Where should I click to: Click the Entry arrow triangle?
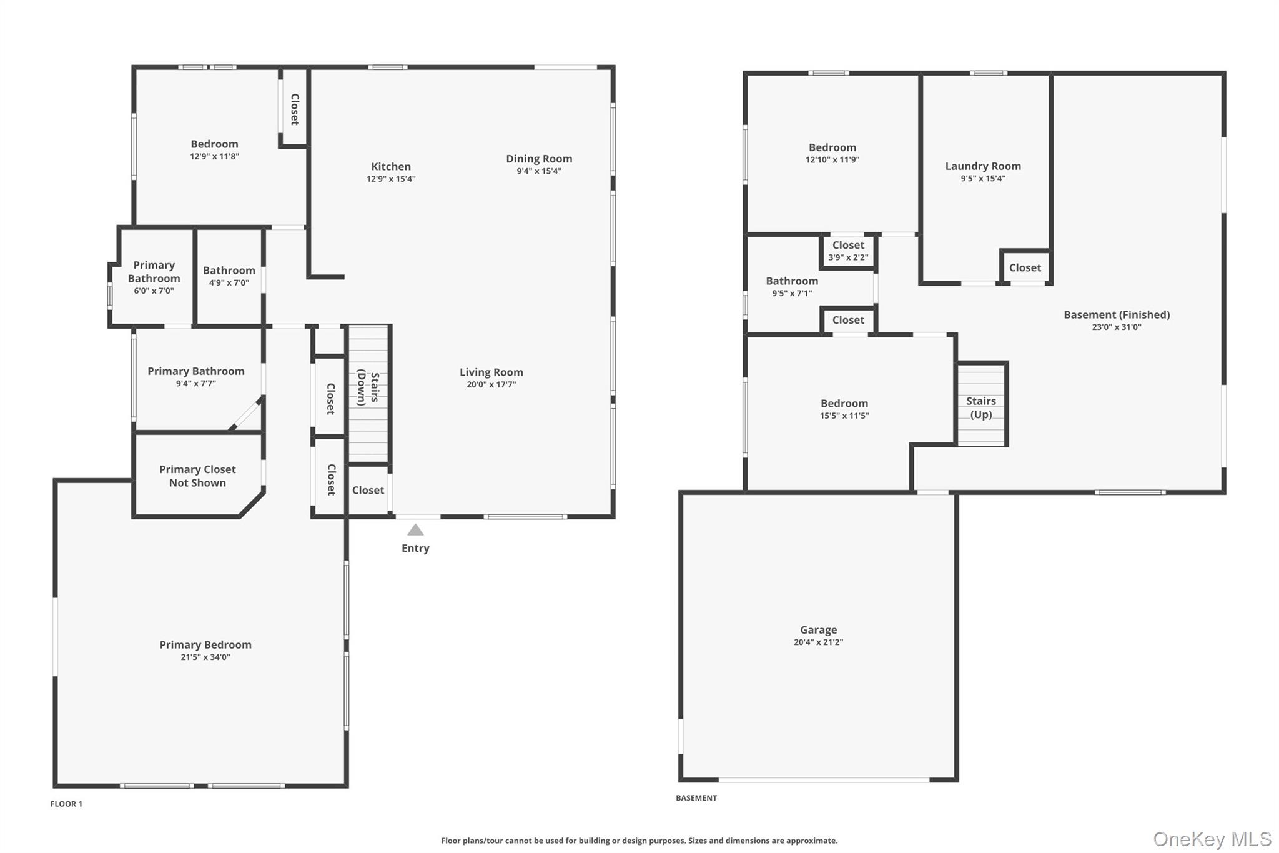click(x=415, y=530)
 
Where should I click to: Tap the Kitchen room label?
click(x=391, y=166)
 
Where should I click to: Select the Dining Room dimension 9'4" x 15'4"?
click(x=539, y=171)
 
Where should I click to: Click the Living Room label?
click(x=491, y=372)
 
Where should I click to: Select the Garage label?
click(x=818, y=630)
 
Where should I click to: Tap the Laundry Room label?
click(x=983, y=166)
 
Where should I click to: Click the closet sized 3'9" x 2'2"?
click(x=848, y=251)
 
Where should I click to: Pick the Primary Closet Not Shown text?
click(x=197, y=476)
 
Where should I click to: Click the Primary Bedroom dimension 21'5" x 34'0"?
click(x=205, y=657)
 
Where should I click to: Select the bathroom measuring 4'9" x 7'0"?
click(x=229, y=276)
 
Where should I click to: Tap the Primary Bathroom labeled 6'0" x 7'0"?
click(x=154, y=277)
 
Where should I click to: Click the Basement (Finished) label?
click(x=1117, y=314)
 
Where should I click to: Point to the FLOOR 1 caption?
click(x=66, y=804)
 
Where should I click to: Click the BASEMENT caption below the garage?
click(x=696, y=798)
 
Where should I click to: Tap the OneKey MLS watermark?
click(x=1212, y=839)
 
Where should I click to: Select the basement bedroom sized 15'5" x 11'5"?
click(x=844, y=409)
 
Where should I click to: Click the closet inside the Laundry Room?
click(x=1025, y=267)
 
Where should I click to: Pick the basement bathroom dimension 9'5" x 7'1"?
click(x=792, y=294)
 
